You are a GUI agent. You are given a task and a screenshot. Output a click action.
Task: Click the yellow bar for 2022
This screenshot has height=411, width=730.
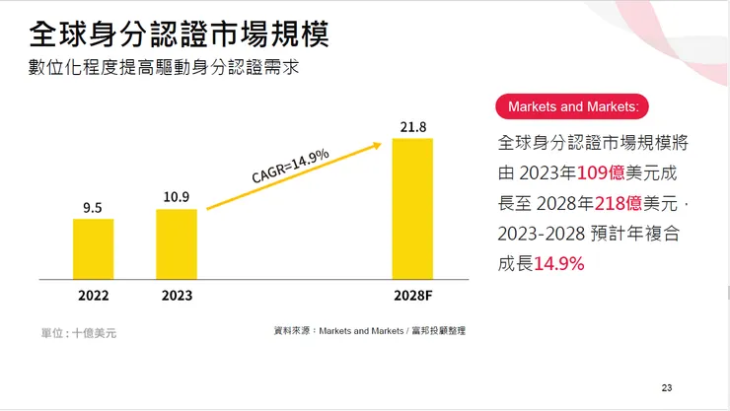[93, 248]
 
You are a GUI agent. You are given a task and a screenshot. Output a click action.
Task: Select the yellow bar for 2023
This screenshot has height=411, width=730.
[177, 243]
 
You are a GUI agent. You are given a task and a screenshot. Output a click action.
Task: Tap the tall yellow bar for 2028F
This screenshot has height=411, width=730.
[412, 208]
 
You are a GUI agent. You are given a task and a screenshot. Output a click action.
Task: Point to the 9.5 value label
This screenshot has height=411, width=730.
[93, 207]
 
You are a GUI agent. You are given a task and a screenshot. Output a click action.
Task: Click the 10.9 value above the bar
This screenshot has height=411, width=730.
[177, 197]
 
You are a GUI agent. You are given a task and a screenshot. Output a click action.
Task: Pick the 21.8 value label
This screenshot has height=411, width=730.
[412, 127]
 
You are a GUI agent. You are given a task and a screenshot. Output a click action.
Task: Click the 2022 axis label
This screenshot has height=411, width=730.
[93, 295]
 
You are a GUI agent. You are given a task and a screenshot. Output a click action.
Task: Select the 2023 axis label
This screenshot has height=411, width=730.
[177, 295]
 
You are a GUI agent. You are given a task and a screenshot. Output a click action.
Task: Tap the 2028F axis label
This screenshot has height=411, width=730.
[412, 295]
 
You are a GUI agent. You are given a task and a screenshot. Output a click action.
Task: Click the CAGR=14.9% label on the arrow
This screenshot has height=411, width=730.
[290, 165]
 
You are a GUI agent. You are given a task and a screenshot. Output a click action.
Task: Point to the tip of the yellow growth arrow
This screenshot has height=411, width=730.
[380, 145]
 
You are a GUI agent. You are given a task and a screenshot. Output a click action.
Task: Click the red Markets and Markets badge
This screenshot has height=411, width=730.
[573, 106]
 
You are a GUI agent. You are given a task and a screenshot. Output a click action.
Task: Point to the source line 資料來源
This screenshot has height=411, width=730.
[369, 331]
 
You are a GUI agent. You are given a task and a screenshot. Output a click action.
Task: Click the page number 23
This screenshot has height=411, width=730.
[667, 387]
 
